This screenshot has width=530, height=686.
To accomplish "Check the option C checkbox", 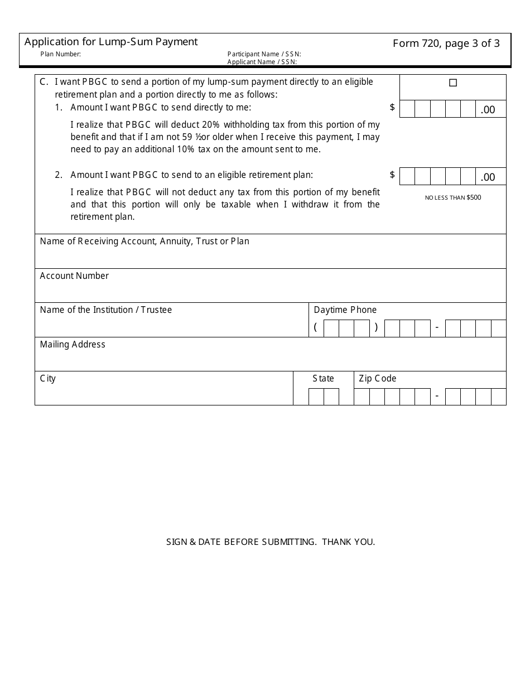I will (453, 83).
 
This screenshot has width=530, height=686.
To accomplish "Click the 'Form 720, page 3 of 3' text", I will (446, 44).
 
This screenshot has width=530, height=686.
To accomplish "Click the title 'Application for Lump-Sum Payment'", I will (110, 42).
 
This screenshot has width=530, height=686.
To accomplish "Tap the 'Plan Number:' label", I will (61, 54).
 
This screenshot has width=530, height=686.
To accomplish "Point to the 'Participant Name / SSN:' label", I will (264, 54).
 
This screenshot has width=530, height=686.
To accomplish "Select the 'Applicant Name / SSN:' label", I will (262, 62).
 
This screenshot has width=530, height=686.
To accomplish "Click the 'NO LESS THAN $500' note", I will (452, 197).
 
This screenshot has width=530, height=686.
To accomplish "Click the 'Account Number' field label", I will (74, 276).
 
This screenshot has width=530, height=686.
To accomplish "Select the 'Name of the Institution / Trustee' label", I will (106, 310).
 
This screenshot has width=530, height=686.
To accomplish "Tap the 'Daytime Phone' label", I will (345, 310).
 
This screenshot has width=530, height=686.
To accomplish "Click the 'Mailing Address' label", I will (73, 345).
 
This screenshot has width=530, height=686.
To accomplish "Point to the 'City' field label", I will (48, 379).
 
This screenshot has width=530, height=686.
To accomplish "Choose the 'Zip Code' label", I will (377, 379).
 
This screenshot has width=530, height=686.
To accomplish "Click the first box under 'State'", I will (316, 397).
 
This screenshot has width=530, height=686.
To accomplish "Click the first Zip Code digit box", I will (362, 397).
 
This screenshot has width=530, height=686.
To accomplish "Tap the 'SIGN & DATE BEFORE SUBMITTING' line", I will (271, 542).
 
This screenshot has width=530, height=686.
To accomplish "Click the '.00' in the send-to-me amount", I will (488, 110).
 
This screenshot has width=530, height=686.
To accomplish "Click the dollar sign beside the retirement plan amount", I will (392, 175).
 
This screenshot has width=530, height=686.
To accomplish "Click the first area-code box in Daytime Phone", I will (331, 328).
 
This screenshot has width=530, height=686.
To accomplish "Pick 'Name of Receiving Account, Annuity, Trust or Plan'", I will (144, 241).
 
